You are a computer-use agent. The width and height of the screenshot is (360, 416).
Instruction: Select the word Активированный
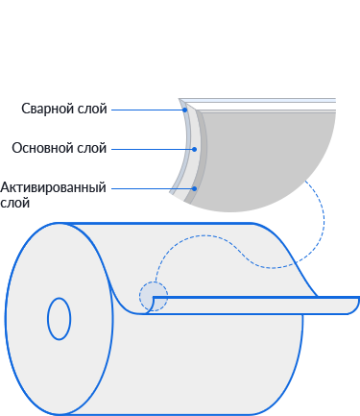point(53,187)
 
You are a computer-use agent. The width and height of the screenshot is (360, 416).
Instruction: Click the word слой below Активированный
point(15,203)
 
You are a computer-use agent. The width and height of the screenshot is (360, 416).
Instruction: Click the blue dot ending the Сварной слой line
point(185,110)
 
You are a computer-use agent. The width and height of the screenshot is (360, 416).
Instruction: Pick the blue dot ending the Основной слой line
point(194,149)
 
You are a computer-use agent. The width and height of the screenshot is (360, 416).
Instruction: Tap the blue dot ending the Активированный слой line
point(194,188)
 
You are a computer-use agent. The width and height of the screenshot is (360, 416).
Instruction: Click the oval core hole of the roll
point(60,319)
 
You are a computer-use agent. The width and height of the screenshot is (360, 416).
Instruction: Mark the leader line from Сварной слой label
point(147,110)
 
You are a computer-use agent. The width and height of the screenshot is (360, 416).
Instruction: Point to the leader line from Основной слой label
point(152,149)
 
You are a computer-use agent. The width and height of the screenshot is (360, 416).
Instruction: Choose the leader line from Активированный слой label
point(152,188)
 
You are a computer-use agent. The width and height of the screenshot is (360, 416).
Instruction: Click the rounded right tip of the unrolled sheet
point(356,306)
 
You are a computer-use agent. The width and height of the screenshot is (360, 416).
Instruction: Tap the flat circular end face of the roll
point(60,319)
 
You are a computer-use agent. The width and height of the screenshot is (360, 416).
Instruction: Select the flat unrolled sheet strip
point(252,306)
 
